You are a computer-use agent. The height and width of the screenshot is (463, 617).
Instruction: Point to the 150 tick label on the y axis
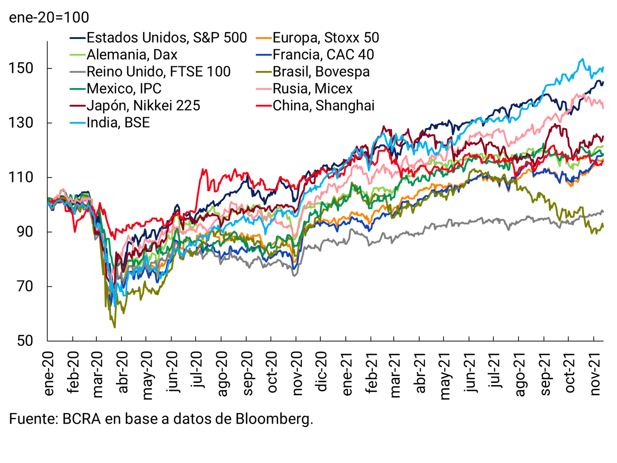pyautogui.click(x=21, y=68)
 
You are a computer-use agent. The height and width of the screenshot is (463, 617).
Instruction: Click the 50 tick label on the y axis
pyautogui.click(x=25, y=341)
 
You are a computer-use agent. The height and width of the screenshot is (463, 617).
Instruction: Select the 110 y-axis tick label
pyautogui.click(x=21, y=177)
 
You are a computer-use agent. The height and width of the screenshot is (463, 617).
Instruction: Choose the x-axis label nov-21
pyautogui.click(x=595, y=374)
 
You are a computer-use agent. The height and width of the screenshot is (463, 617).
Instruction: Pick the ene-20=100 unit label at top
pyautogui.click(x=49, y=17)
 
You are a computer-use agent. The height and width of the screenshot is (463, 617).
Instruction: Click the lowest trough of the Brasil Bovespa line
pyautogui.click(x=115, y=327)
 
